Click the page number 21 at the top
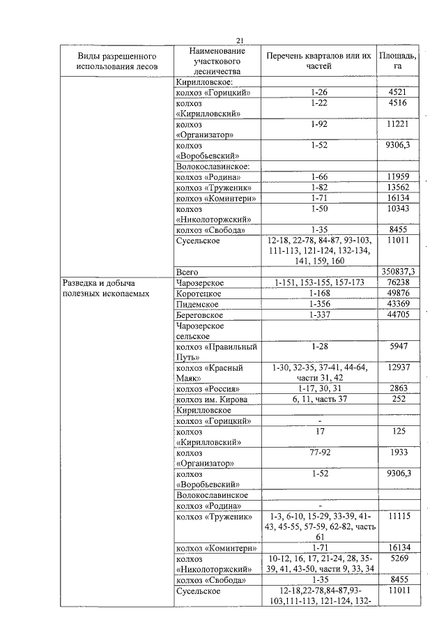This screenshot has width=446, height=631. point(238,40)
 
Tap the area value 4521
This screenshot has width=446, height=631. point(397,93)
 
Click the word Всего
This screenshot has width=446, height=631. point(188,271)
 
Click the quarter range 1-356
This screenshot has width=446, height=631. point(318,304)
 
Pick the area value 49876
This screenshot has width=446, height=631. point(397,294)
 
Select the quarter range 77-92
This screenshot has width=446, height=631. point(318,453)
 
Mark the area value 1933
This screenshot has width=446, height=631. point(397,453)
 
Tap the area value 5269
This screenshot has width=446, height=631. point(397,559)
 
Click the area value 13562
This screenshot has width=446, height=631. point(397,188)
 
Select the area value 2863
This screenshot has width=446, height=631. point(397,388)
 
